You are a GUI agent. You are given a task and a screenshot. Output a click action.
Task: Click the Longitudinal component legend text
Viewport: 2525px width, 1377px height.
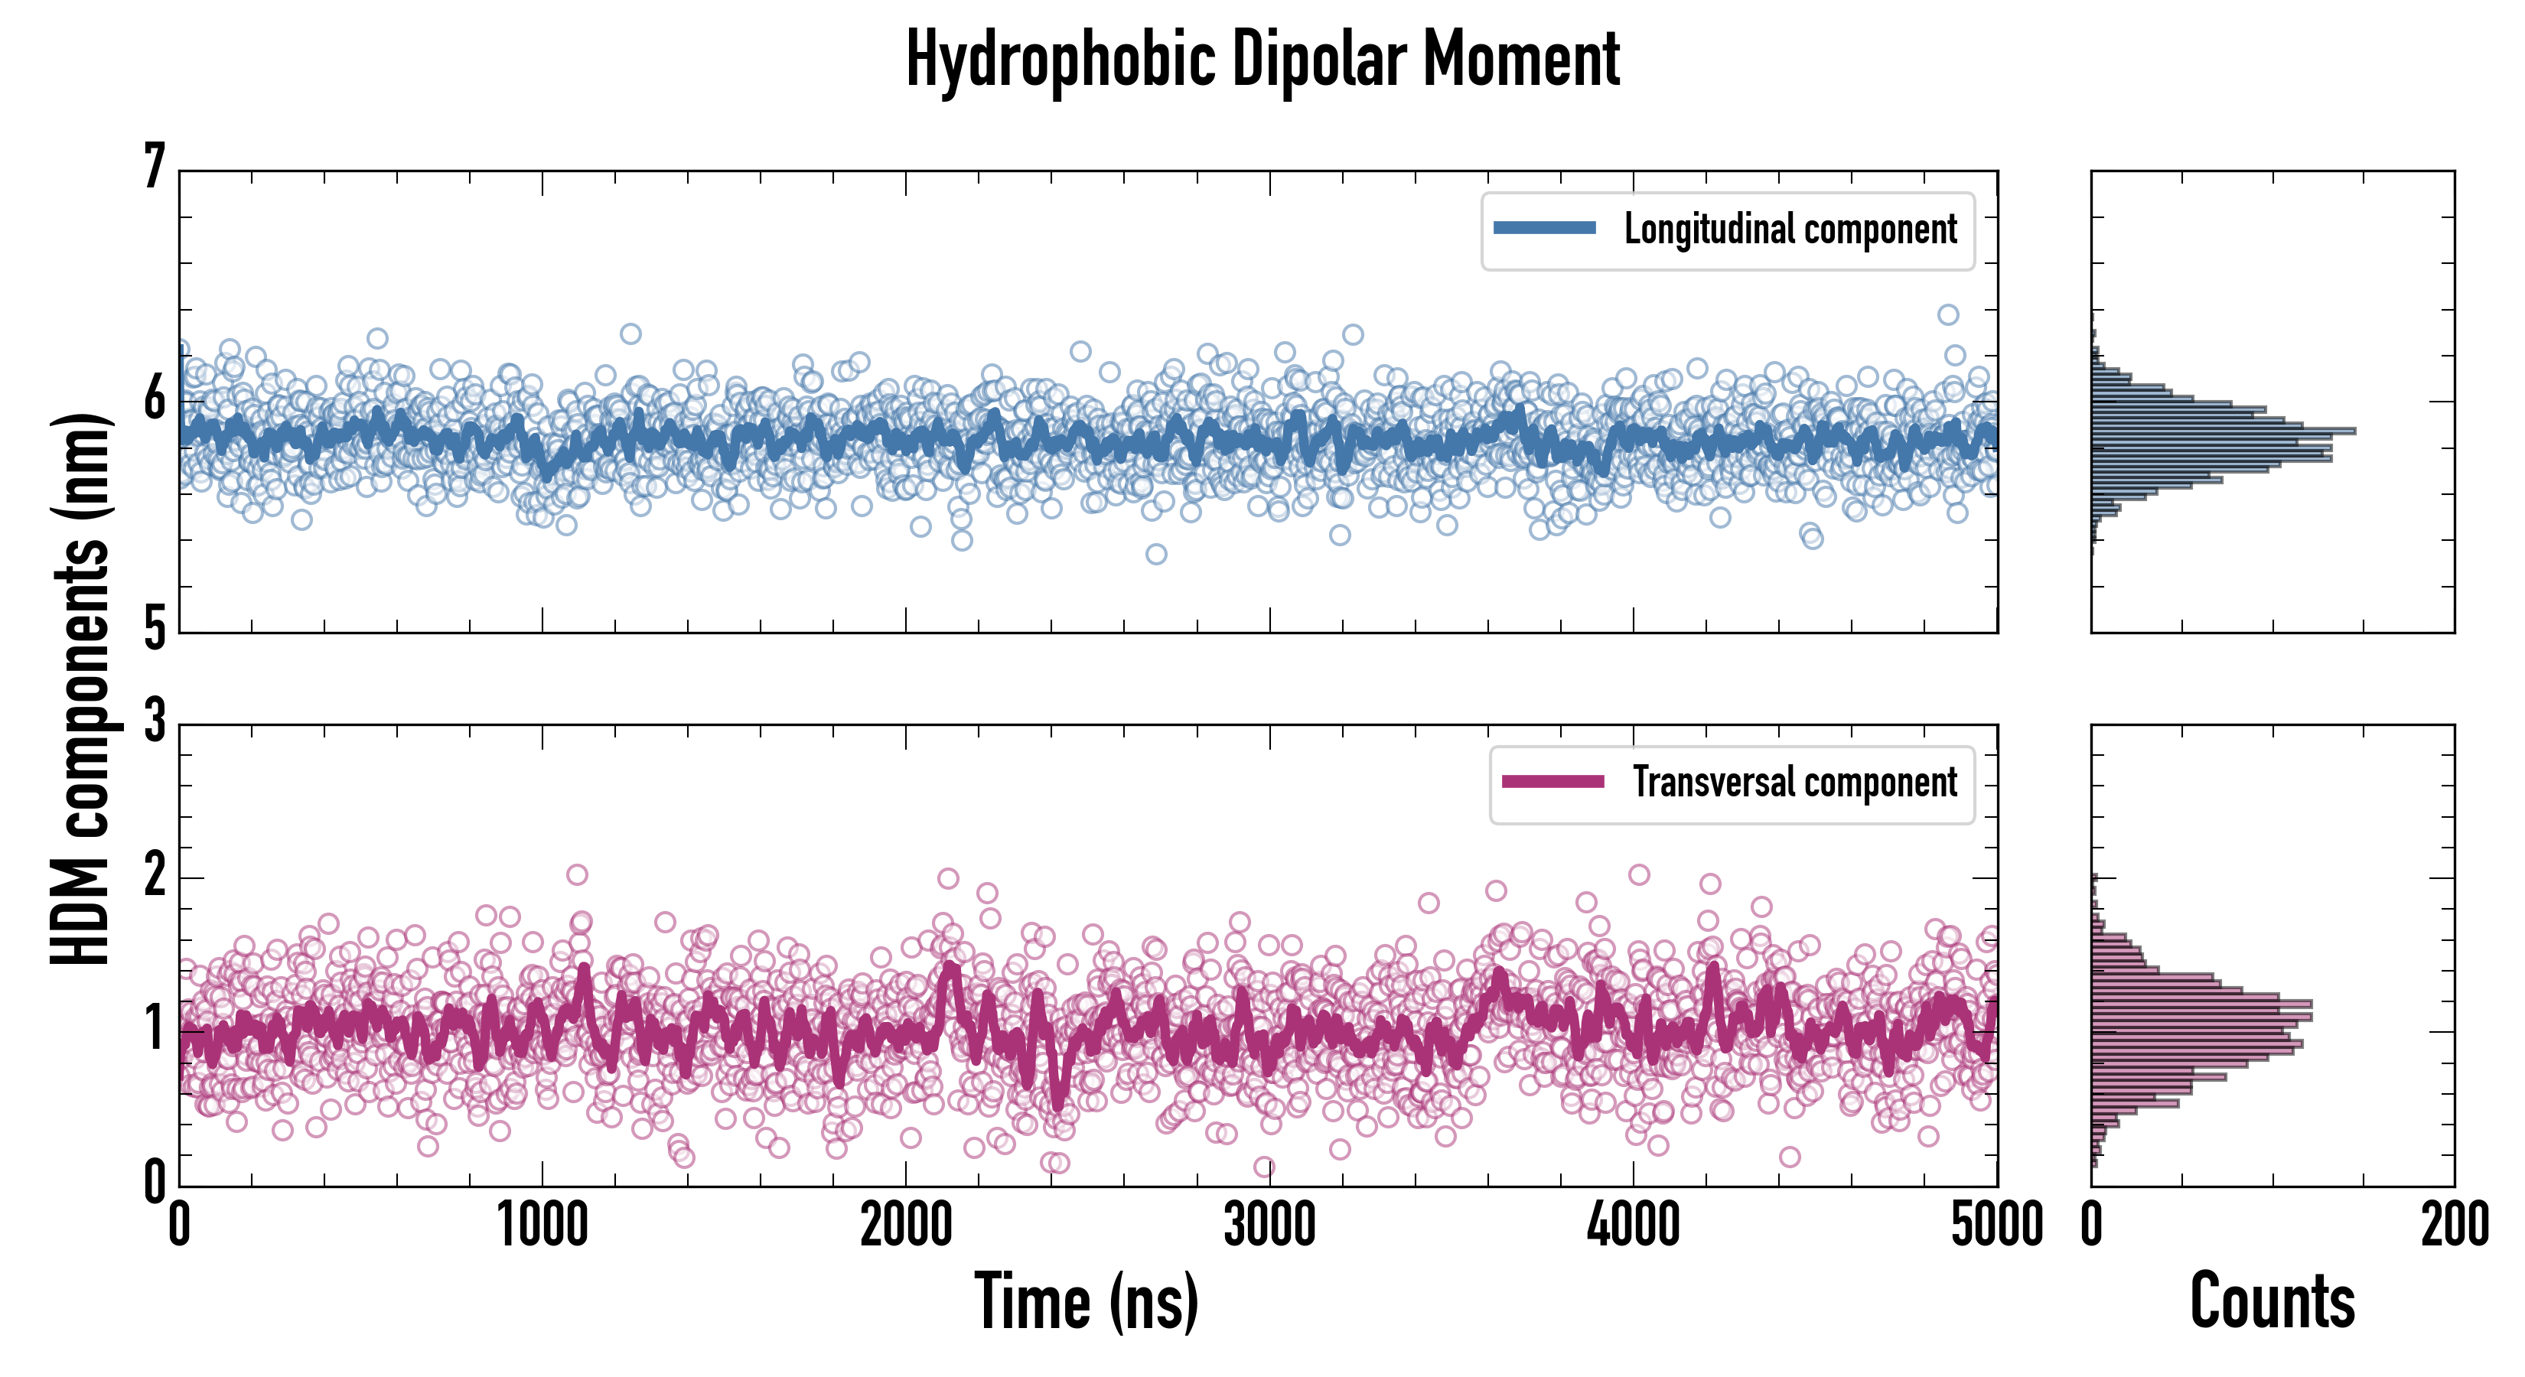click(1790, 229)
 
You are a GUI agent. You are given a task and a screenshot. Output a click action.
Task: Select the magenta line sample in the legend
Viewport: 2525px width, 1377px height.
click(1552, 782)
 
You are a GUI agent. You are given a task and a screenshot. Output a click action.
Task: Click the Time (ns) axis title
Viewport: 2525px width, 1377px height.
click(1086, 1301)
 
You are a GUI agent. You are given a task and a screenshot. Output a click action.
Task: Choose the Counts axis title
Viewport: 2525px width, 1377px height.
click(2272, 1301)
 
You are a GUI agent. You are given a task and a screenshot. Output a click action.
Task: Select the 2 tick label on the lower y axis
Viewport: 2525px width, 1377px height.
click(155, 874)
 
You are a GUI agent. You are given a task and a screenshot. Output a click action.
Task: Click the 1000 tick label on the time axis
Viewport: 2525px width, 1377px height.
click(542, 1225)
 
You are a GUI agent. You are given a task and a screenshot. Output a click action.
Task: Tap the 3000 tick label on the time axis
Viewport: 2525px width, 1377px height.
click(1269, 1225)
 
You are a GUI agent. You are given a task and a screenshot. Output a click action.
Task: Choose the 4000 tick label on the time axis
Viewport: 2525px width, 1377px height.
click(1633, 1225)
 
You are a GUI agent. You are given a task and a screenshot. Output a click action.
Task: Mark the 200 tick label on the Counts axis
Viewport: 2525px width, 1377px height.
click(2453, 1225)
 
